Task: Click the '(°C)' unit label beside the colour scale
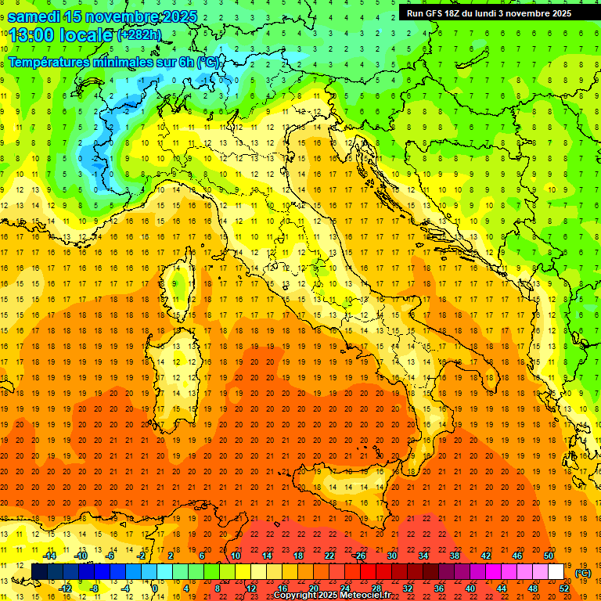pyautogui.click(x=583, y=573)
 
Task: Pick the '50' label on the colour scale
pyautogui.click(x=549, y=556)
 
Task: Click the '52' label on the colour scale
pyautogui.click(x=563, y=588)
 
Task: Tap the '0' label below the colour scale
pyautogui.click(x=155, y=588)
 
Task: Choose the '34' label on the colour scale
pyautogui.click(x=423, y=556)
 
